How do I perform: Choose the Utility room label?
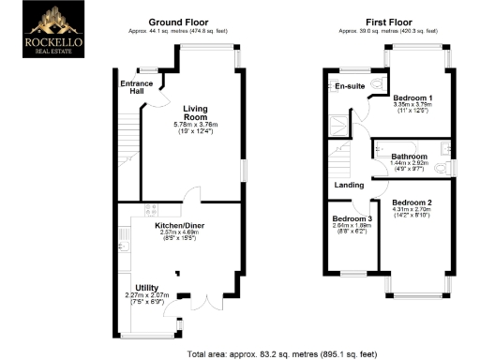pyautogui.click(x=147, y=287)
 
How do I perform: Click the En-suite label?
pyautogui.click(x=350, y=86)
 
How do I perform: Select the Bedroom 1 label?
pyautogui.click(x=412, y=98)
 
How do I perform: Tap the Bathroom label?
pyautogui.click(x=410, y=157)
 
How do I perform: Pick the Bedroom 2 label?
pyautogui.click(x=412, y=202)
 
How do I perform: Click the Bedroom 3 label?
pyautogui.click(x=352, y=218)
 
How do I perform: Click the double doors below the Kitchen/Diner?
pyautogui.click(x=203, y=302)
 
